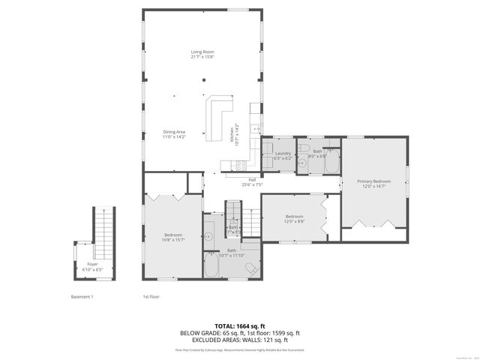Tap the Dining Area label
(x=174, y=134)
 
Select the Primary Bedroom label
(x=373, y=183)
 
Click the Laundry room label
(x=282, y=155)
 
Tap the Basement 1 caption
(x=81, y=297)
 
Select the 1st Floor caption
(x=151, y=297)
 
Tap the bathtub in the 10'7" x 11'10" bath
(x=212, y=265)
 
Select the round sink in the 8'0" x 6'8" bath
(x=302, y=160)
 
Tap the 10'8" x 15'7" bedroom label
(x=173, y=237)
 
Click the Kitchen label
(x=234, y=133)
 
